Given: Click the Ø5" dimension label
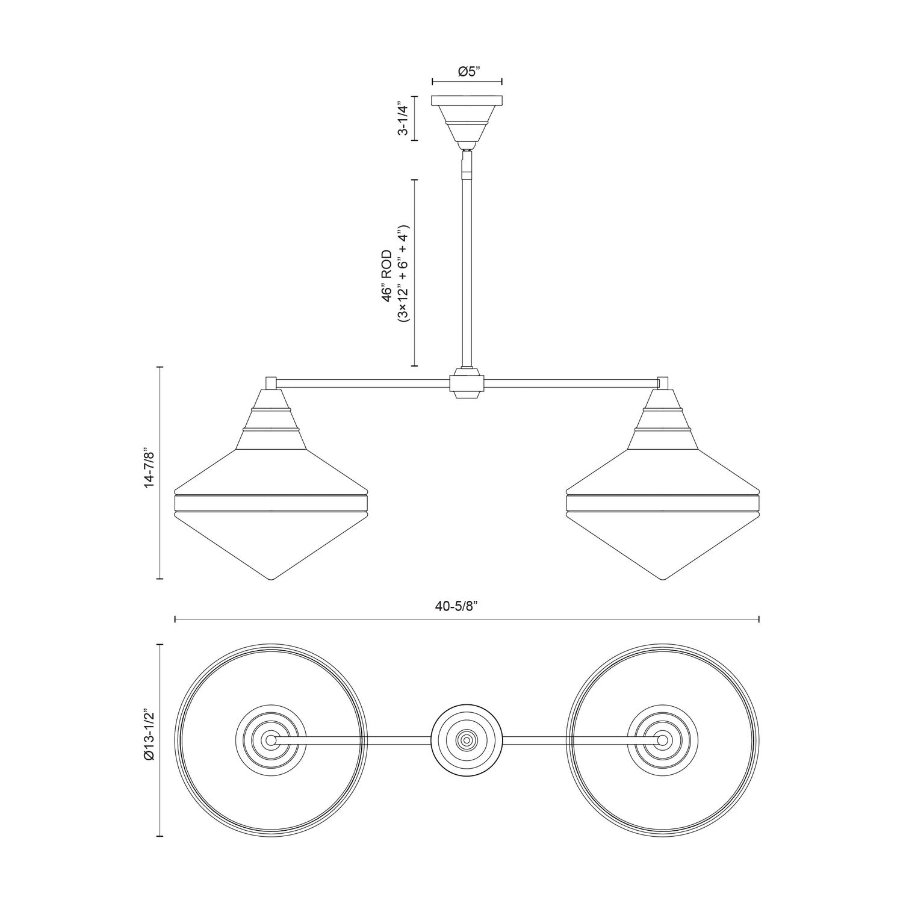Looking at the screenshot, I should point(467,72).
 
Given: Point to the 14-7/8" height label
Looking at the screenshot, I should point(150,473).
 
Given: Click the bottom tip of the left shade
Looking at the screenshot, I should point(271,579).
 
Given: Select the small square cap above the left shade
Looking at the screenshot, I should point(271,382).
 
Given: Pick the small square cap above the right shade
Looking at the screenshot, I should point(663,382).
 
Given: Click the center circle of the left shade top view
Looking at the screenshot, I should point(271,739).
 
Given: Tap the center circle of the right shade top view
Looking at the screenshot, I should point(663,739).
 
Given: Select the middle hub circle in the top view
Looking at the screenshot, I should point(467,739).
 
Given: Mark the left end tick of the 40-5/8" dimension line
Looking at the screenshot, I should point(175,619).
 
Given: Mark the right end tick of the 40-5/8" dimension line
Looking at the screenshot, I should point(759,619).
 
